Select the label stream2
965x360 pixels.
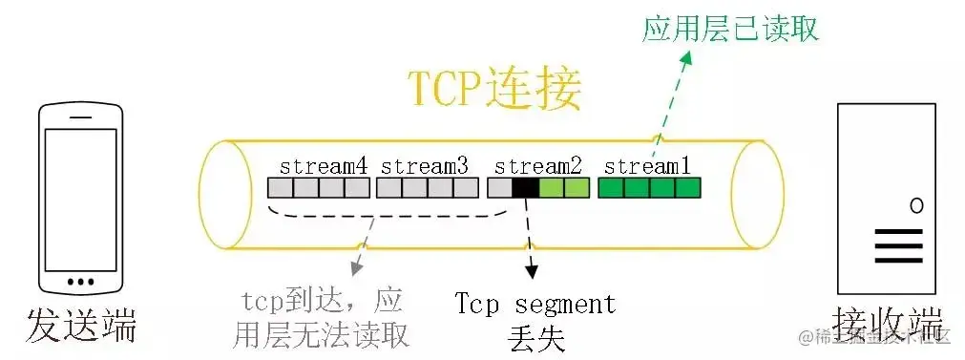pos(538,165)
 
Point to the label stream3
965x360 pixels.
pos(425,165)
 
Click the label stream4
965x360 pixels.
pos(324,165)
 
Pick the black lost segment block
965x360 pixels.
pos(525,187)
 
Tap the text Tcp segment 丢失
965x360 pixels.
pos(535,320)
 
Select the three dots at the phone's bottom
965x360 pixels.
pos(80,281)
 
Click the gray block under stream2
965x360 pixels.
pos(499,187)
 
